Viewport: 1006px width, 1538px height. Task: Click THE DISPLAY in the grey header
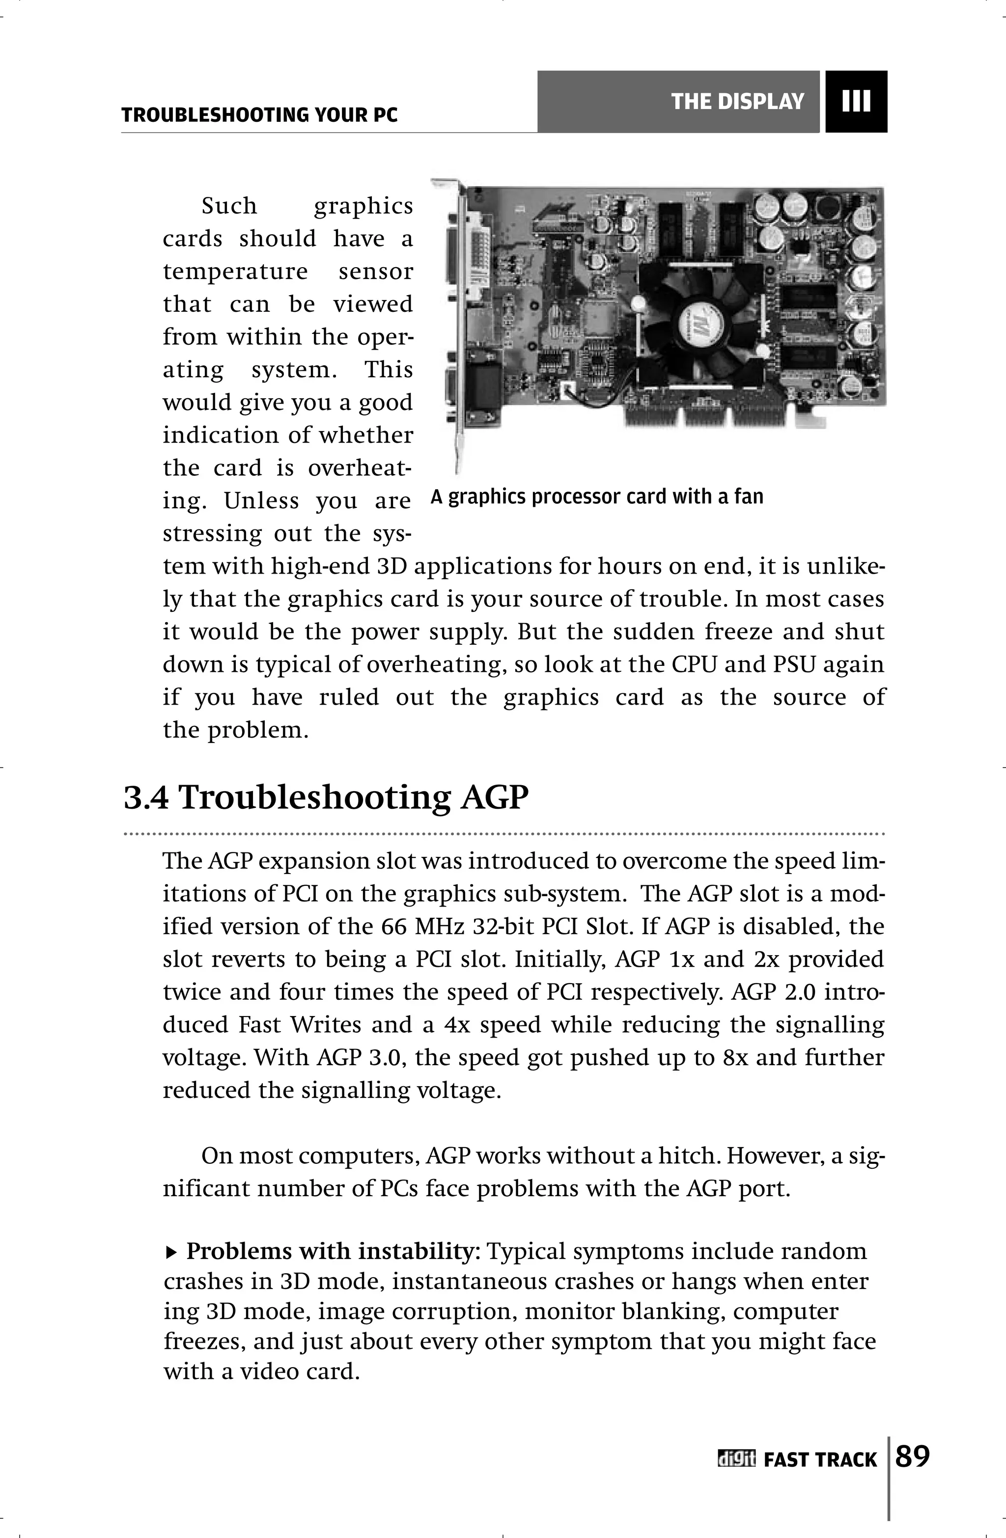point(737,102)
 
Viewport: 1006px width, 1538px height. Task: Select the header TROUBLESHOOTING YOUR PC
point(259,116)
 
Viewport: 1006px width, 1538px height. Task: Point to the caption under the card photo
point(597,497)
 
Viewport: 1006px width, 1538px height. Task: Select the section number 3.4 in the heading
point(146,797)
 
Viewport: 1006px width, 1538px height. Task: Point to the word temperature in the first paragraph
point(235,272)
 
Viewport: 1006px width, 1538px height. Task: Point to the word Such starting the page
point(229,206)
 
